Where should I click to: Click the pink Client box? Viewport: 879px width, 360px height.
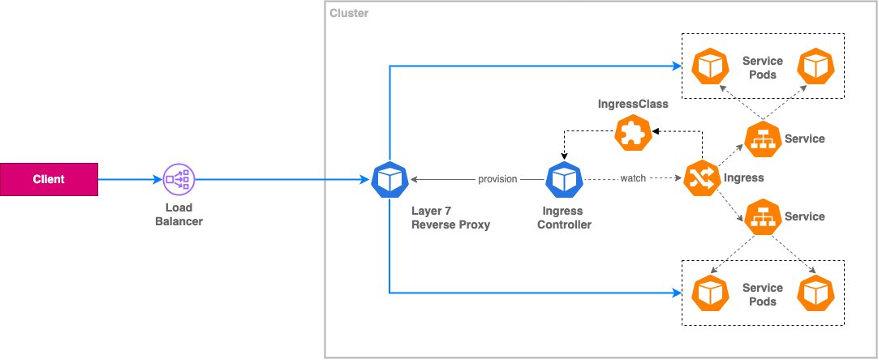point(48,180)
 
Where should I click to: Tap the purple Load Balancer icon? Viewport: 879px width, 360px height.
point(179,180)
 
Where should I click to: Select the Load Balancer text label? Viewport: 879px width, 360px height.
point(179,214)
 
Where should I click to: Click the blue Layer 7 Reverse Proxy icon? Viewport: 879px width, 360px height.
point(388,180)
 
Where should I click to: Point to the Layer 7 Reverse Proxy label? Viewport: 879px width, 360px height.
point(450,218)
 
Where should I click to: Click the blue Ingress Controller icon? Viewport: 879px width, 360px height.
point(563,180)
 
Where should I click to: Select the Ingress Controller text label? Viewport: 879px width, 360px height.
point(563,218)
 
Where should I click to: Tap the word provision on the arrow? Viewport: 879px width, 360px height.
point(498,180)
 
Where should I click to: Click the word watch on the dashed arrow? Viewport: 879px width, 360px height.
point(633,180)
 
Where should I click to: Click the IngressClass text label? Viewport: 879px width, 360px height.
point(627,105)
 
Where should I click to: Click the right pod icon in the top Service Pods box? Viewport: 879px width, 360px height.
point(814,66)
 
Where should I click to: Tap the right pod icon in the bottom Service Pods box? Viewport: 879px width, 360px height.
point(814,293)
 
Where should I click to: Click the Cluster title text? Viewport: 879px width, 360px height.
point(348,13)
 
